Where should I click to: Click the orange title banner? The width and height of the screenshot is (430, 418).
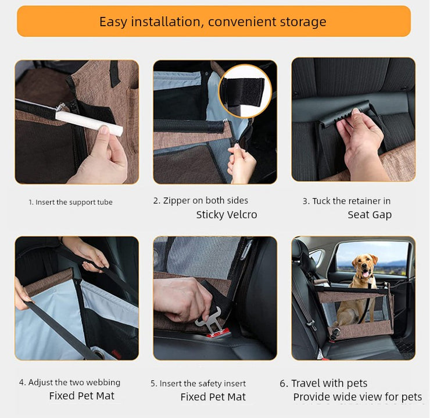(214, 21)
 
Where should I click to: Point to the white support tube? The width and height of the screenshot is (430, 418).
(89, 123)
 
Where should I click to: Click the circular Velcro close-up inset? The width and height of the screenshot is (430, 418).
(245, 91)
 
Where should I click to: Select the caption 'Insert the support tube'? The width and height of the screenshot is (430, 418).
(74, 202)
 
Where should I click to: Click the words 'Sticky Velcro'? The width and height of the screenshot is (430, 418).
(227, 215)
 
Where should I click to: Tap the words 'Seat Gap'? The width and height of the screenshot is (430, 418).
(370, 215)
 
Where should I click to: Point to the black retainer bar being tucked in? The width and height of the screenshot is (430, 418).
(346, 114)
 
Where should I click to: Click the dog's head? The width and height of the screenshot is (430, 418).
(364, 264)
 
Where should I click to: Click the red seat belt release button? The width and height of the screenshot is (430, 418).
(218, 334)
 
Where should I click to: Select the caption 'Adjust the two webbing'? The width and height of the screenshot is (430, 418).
(74, 382)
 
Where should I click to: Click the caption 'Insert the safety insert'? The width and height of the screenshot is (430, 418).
(203, 384)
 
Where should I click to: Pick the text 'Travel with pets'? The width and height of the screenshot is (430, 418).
(329, 383)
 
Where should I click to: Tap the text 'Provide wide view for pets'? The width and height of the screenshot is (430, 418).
(357, 397)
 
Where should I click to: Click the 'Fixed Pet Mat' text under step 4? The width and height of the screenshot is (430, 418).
(82, 396)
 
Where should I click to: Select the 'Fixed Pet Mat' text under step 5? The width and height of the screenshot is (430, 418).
(213, 397)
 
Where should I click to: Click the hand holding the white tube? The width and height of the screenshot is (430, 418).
(99, 157)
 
